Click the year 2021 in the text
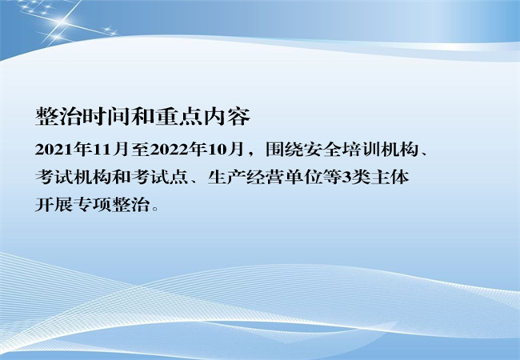pyautogui.click(x=54, y=150)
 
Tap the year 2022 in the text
pyautogui.click(x=169, y=150)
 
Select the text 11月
pyautogui.click(x=110, y=150)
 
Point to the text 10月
pyautogui.click(x=225, y=150)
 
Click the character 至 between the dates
pyautogui.click(x=139, y=150)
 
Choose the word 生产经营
pyautogui.click(x=246, y=178)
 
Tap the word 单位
pyautogui.click(x=303, y=178)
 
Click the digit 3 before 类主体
pyautogui.click(x=346, y=178)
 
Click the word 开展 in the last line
pyautogui.click(x=54, y=205)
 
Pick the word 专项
pyautogui.click(x=92, y=205)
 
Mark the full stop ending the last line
pyautogui.click(x=154, y=209)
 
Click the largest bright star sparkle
pyautogui.click(x=62, y=22)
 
